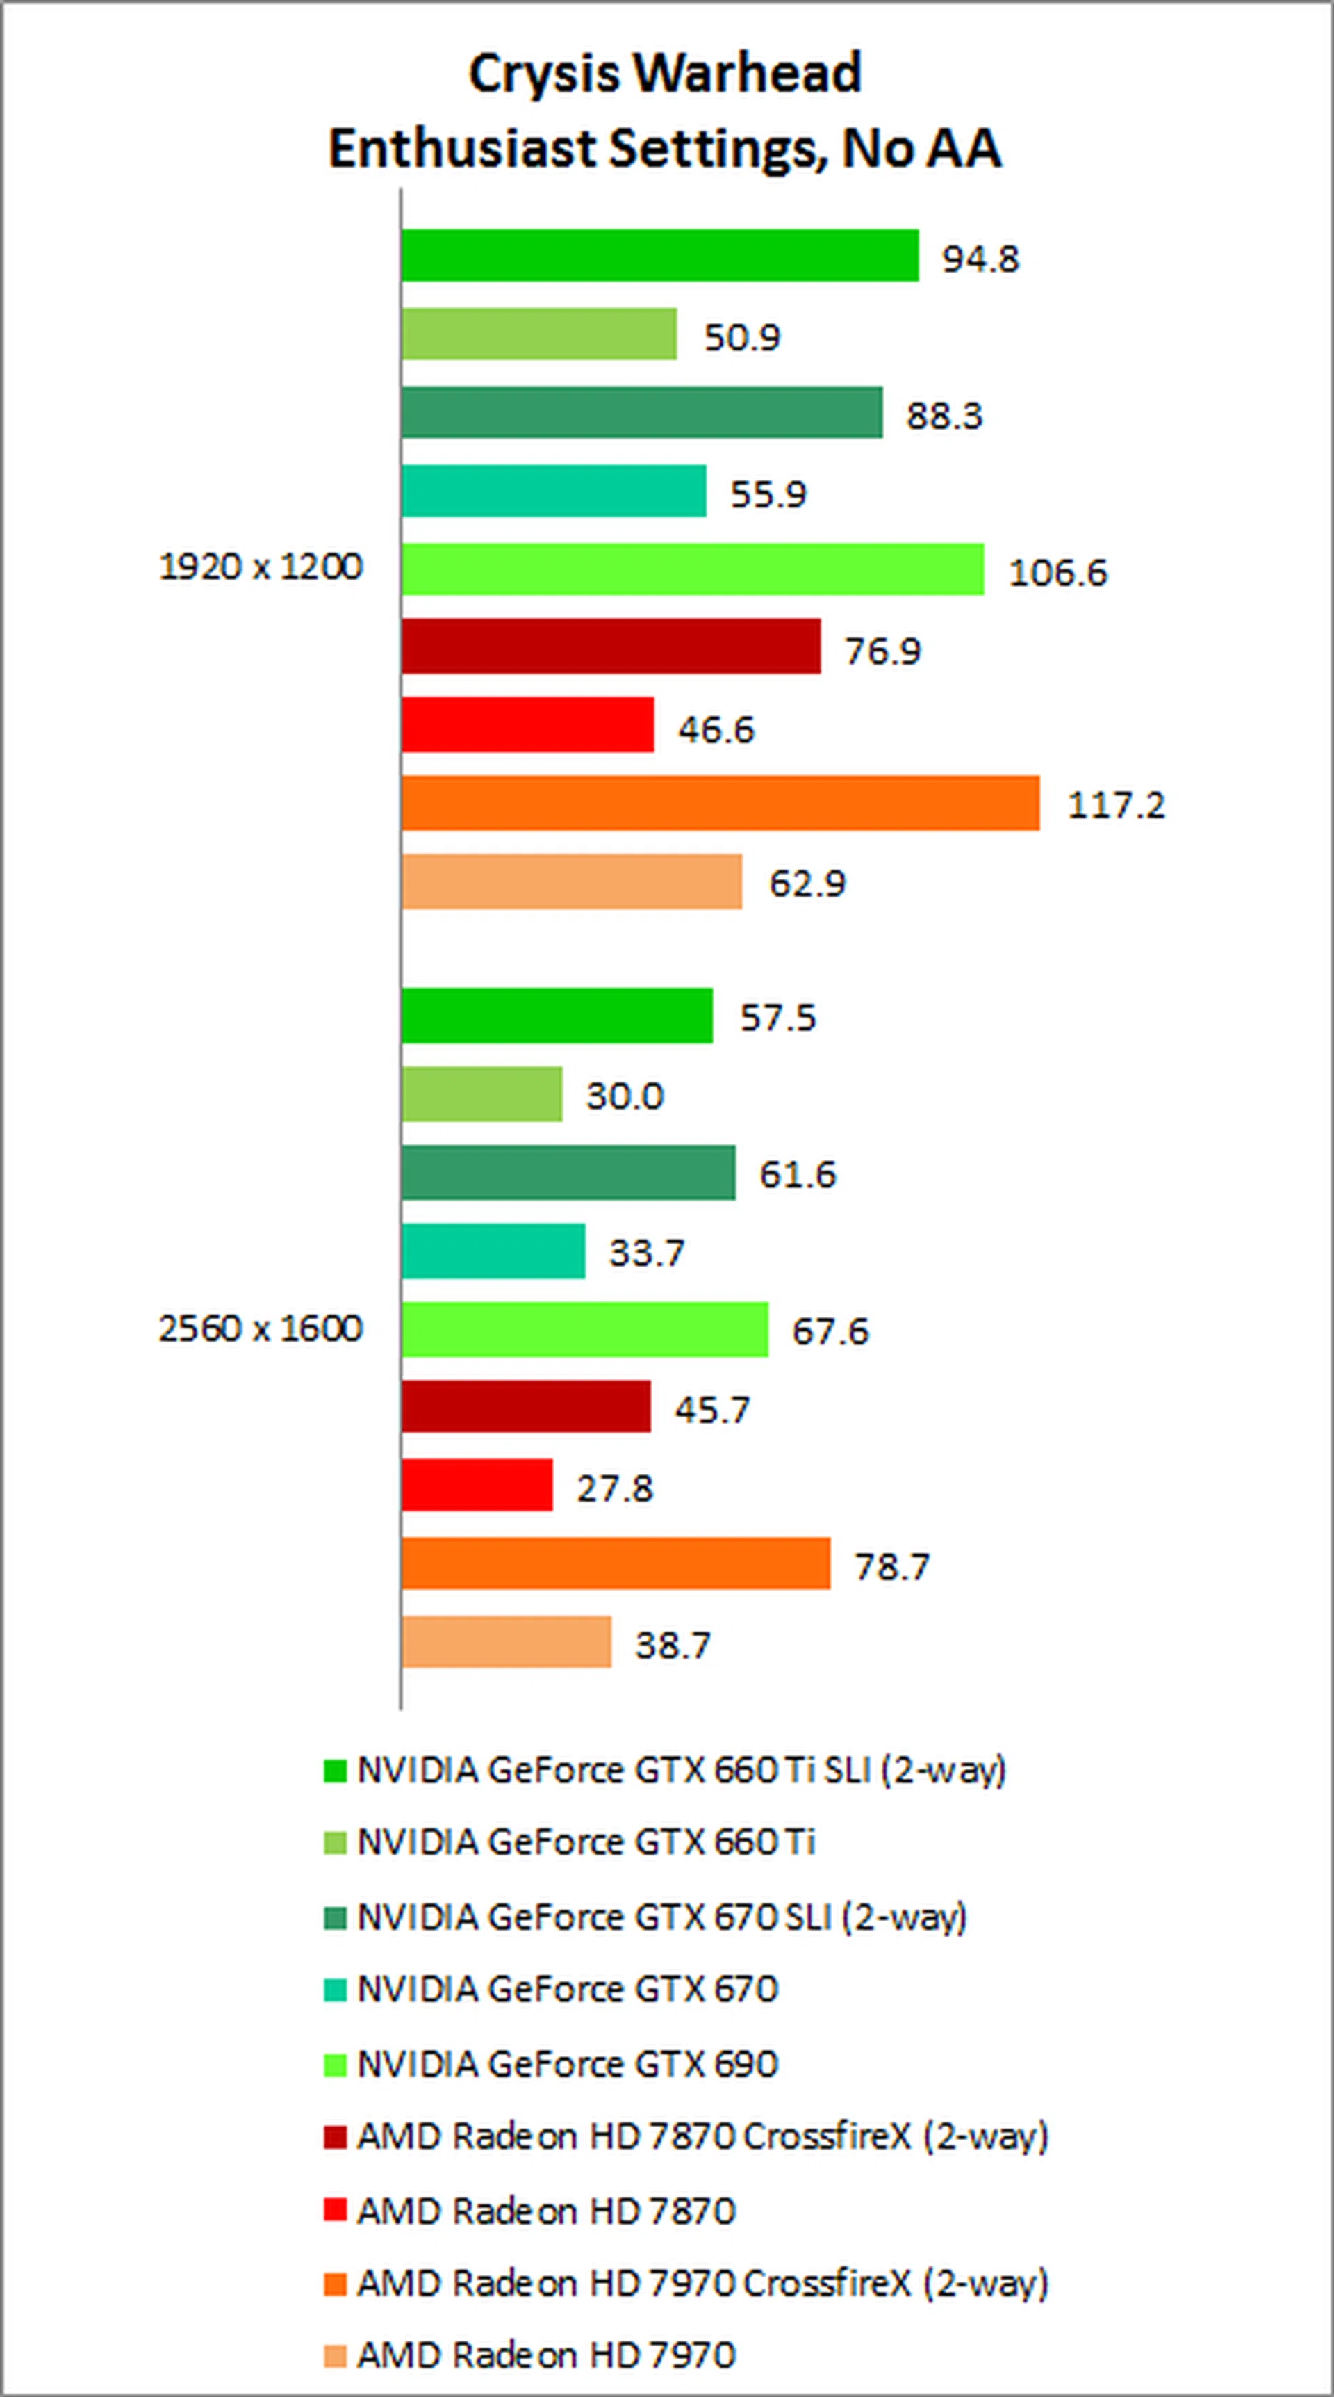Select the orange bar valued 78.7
tap(615, 1563)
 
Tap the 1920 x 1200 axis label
tap(261, 567)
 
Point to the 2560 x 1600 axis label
tap(261, 1328)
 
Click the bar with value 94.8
tap(659, 255)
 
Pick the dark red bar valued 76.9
tap(611, 647)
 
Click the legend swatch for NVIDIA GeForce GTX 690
tap(335, 2064)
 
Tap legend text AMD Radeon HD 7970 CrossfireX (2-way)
tap(702, 2284)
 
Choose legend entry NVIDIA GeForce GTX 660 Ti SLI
tap(681, 1770)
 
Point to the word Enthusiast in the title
tap(461, 149)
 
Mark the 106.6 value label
tap(1057, 572)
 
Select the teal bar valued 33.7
tap(493, 1251)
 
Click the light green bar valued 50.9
tap(538, 334)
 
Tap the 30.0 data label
tap(624, 1096)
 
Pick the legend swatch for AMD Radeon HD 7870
tap(335, 2210)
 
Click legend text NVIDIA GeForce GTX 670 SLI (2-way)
tap(661, 1917)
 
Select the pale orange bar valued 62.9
tap(572, 882)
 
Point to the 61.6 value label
tap(797, 1174)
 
